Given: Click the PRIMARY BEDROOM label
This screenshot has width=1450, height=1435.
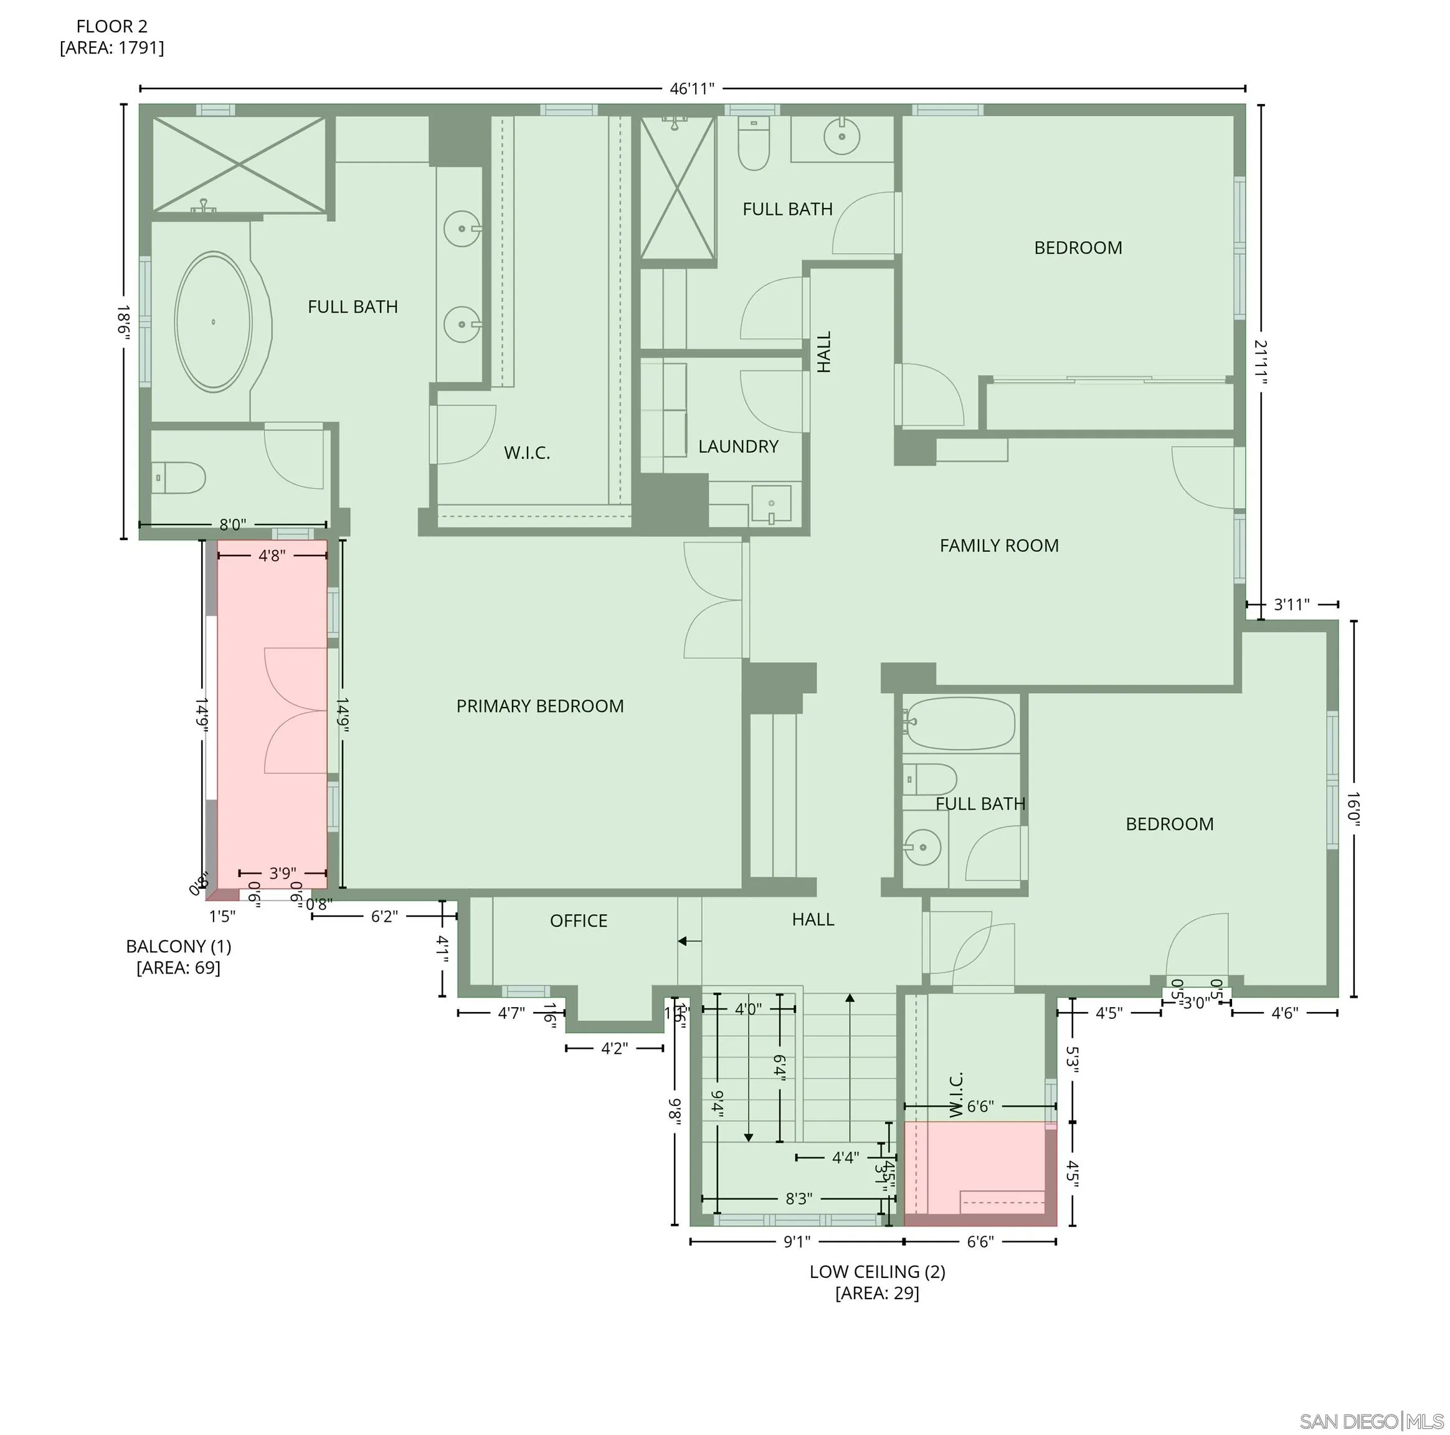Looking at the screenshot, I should [x=539, y=706].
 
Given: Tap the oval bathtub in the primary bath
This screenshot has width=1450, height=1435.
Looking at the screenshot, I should [x=213, y=322].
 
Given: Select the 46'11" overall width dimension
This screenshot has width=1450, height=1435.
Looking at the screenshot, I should [x=691, y=88].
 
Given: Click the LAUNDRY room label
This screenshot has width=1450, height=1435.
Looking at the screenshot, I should [x=737, y=447].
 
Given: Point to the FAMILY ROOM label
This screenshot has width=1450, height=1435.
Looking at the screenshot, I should [x=999, y=546].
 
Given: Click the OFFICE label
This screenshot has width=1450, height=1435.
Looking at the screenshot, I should [x=578, y=921].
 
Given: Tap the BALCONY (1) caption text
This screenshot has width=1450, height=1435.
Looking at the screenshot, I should [x=178, y=947].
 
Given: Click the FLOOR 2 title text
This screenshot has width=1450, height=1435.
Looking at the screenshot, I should [x=112, y=26].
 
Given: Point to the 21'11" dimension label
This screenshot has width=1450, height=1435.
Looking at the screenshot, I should [x=1261, y=362].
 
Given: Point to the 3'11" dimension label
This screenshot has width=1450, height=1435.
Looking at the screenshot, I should [x=1292, y=604].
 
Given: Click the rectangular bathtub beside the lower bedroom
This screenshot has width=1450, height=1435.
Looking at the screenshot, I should [x=959, y=724].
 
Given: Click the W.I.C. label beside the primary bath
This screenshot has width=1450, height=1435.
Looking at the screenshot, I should [x=527, y=453].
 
